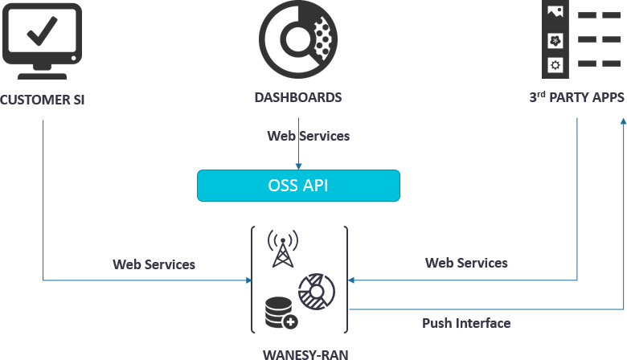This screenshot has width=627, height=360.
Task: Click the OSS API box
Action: pos(298,186)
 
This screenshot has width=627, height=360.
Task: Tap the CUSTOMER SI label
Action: pos(43,100)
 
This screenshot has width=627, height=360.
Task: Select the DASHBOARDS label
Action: pos(298,97)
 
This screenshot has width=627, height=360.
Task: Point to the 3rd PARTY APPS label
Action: pos(576,97)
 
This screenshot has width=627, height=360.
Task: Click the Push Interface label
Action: pos(466,323)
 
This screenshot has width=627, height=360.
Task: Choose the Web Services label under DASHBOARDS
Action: pos(309,136)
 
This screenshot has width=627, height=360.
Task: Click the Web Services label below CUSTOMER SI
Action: pos(154,264)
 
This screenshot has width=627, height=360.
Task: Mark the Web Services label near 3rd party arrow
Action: pos(466,263)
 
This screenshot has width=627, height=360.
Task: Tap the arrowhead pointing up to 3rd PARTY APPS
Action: pos(622,120)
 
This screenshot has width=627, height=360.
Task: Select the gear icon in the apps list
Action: pos(555,63)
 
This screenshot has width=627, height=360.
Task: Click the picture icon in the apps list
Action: pos(555,12)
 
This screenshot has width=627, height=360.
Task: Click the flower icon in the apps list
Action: pos(555,39)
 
